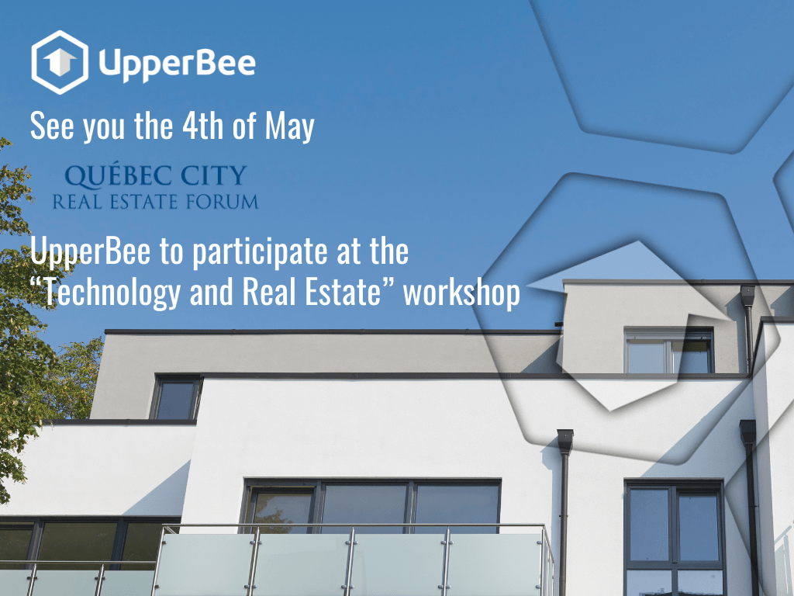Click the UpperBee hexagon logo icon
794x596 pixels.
point(60,62)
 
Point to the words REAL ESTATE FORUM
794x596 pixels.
point(155,202)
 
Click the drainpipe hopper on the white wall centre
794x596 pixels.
point(565,442)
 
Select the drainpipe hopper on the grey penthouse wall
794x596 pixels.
point(747,295)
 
